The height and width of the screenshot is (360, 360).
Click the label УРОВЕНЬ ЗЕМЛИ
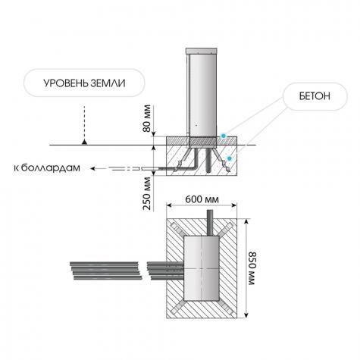point(84,83)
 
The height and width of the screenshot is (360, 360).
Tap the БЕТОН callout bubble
point(315,96)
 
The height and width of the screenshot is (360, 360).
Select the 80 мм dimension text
point(147,118)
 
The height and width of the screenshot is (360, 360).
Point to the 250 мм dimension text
point(147,193)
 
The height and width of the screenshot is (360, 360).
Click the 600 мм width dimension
point(202,199)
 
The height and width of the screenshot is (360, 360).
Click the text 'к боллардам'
point(47,167)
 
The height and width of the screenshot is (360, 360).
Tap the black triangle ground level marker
point(84,142)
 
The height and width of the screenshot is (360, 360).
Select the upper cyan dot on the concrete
point(223,136)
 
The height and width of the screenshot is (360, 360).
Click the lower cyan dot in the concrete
point(230,158)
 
